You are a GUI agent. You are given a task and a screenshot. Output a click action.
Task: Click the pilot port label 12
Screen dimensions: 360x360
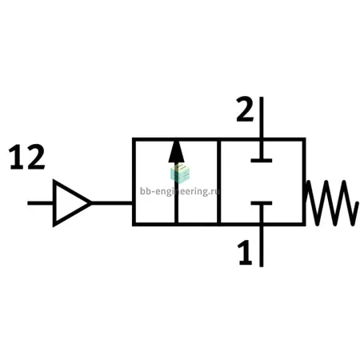point(26,157)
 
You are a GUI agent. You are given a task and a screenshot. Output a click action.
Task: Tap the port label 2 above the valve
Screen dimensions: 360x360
point(245,110)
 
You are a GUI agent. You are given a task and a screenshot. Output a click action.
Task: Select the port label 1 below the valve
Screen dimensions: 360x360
point(245,252)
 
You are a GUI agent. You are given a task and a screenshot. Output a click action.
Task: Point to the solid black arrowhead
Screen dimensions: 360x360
point(176,151)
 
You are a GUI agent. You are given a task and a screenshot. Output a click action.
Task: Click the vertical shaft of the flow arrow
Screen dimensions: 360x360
point(176,193)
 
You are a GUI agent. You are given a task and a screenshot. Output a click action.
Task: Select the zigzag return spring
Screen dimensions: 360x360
point(332,203)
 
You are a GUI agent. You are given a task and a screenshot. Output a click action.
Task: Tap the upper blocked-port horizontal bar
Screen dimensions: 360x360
point(262,161)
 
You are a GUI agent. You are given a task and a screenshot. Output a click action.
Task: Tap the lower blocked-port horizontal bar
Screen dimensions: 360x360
point(262,203)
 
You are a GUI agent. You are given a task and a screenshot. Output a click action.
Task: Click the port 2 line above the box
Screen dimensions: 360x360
point(262,118)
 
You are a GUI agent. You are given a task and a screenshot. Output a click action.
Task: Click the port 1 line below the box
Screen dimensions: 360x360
point(262,246)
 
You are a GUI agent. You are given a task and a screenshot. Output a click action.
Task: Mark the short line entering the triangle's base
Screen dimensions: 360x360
point(40,203)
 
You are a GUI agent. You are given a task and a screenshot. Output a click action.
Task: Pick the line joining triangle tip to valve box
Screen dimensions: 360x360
point(112,203)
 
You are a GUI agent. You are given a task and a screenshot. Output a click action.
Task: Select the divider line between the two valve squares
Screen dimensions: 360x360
point(219,182)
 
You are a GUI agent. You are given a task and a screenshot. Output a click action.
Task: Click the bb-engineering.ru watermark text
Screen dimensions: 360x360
point(180,191)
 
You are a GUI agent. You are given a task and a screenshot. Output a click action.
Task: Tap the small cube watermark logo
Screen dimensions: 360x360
point(180,174)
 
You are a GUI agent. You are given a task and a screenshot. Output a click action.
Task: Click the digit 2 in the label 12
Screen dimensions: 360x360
point(36,157)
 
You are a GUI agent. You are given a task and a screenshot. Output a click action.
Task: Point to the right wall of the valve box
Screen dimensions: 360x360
point(304,182)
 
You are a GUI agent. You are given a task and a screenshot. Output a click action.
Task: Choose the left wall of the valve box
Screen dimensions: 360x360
point(134,182)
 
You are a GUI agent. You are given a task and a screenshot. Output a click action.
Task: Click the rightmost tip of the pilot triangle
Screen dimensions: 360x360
point(92,203)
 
